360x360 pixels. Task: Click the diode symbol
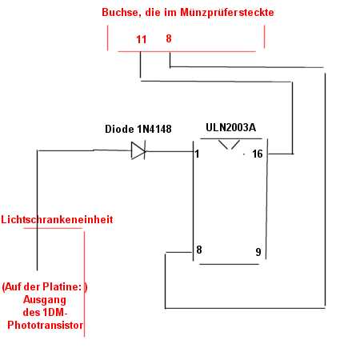click(138, 150)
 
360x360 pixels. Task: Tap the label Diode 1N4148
click(138, 129)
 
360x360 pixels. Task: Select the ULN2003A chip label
click(231, 127)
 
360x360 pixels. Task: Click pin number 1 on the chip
click(197, 154)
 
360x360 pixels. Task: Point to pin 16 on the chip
click(258, 154)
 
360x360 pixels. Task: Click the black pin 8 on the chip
click(199, 250)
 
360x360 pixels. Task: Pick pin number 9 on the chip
click(258, 252)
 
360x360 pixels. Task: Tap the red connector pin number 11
click(142, 39)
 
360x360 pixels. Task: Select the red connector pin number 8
click(169, 38)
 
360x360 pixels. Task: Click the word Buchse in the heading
click(122, 13)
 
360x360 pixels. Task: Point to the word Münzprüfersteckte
click(227, 13)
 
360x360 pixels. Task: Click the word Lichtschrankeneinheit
click(57, 219)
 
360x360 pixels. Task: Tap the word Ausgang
click(45, 300)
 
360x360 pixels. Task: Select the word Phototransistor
click(45, 325)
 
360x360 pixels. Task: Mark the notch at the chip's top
click(230, 145)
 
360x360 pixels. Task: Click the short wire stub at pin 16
click(281, 154)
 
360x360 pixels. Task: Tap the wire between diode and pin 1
click(170, 151)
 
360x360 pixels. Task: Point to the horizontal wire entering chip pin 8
click(178, 252)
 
